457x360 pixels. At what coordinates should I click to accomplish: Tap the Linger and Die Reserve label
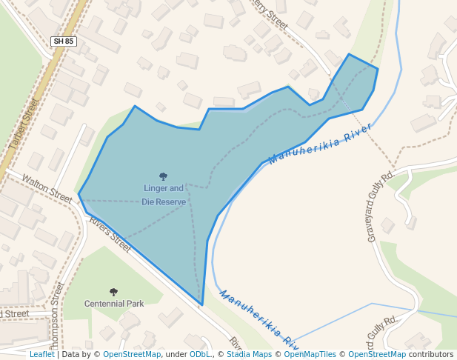(163, 195)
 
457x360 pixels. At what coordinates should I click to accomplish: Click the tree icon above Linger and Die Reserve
(163, 176)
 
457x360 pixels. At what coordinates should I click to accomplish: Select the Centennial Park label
(113, 304)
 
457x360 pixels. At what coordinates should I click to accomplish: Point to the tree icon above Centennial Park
(113, 292)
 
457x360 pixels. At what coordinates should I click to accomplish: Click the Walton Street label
(47, 188)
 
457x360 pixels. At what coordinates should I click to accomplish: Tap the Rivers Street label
(110, 230)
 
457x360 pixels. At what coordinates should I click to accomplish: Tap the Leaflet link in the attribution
(41, 354)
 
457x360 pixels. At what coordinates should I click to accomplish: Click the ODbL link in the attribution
(200, 354)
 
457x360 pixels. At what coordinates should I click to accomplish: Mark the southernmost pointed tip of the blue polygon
(201, 304)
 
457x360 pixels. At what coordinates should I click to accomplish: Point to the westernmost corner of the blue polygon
(79, 196)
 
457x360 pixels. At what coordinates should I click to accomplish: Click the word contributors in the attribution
(431, 354)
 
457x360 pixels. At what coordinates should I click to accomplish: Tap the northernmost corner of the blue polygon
(349, 54)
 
